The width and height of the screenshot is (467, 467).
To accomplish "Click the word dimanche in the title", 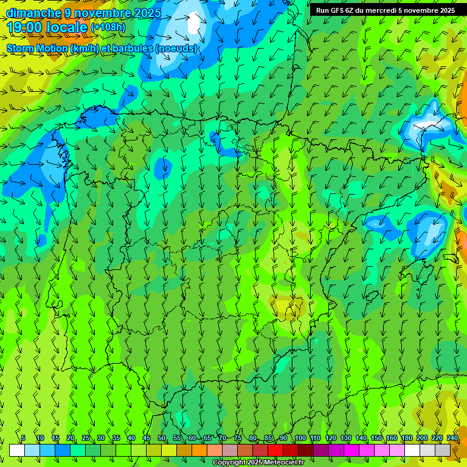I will click(33, 13).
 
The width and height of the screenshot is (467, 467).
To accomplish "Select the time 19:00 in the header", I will click(27, 28).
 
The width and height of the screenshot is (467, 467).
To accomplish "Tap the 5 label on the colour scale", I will click(23, 438).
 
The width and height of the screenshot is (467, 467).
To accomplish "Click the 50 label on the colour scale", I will click(162, 438).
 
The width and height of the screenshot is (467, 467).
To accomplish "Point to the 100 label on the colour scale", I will click(300, 438).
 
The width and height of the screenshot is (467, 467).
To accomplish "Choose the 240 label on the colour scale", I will click(452, 438).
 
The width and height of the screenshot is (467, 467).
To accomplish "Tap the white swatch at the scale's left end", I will click(17, 450).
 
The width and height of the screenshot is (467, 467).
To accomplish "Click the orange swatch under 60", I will click(199, 450).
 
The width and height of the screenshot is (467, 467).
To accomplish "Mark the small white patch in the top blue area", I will click(194, 23).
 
